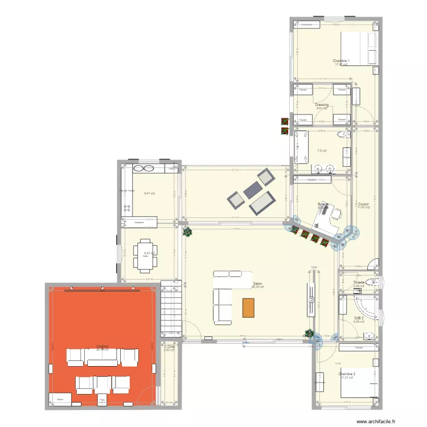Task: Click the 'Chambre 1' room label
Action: coord(341,61)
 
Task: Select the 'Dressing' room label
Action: coord(322,105)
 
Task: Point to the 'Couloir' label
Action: coord(364,204)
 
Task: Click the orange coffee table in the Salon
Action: coord(248,307)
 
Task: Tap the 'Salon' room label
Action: coord(257,284)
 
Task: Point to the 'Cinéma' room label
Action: coord(102,346)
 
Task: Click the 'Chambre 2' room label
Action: coord(347,374)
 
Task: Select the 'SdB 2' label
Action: coord(359,318)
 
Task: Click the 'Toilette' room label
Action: coord(359,282)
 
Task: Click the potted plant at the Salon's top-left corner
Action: coord(187,232)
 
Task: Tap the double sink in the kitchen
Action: coord(143,169)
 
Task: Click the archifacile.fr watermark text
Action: coord(377,421)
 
